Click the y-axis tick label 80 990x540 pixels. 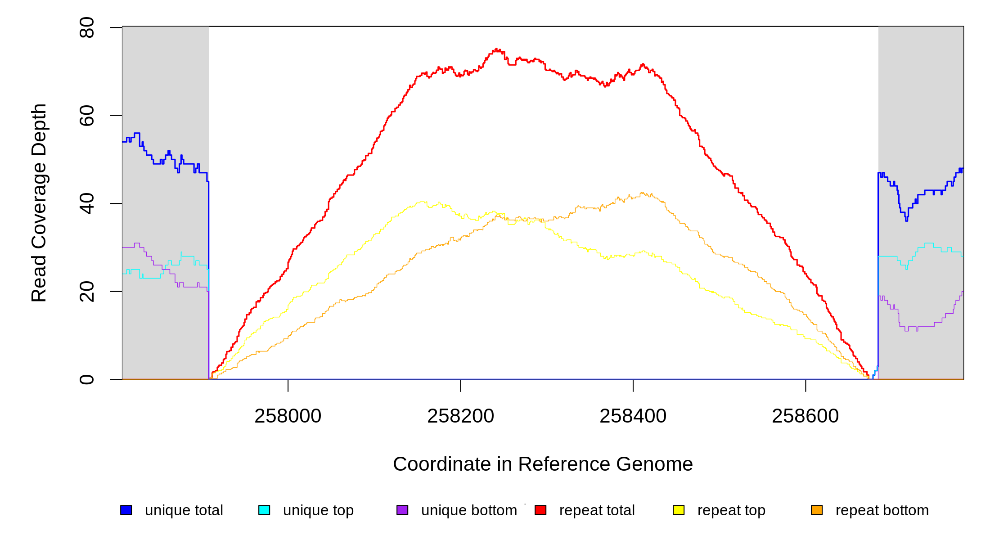pos(86,27)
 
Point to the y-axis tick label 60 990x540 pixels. pos(86,116)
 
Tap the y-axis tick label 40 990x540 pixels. pos(86,203)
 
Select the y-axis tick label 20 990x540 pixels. pos(86,292)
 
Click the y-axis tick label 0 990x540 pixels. pos(86,379)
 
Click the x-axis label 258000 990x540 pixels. pos(288,416)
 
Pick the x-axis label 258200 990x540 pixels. pos(460,416)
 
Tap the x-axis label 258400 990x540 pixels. pos(633,416)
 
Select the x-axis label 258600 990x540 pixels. pos(805,416)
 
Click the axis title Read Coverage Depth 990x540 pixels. pos(39,202)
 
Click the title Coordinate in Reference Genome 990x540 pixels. pos(543,464)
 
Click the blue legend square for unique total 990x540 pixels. pos(126,510)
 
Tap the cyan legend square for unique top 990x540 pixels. pos(264,510)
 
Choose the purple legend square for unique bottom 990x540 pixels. pos(402,510)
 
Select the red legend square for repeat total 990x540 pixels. pos(540,510)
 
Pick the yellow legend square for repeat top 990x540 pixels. pos(679,510)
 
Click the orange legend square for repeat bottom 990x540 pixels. pos(817,510)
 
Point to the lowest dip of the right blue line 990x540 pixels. pos(906,220)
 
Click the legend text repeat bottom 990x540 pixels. pos(882,510)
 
